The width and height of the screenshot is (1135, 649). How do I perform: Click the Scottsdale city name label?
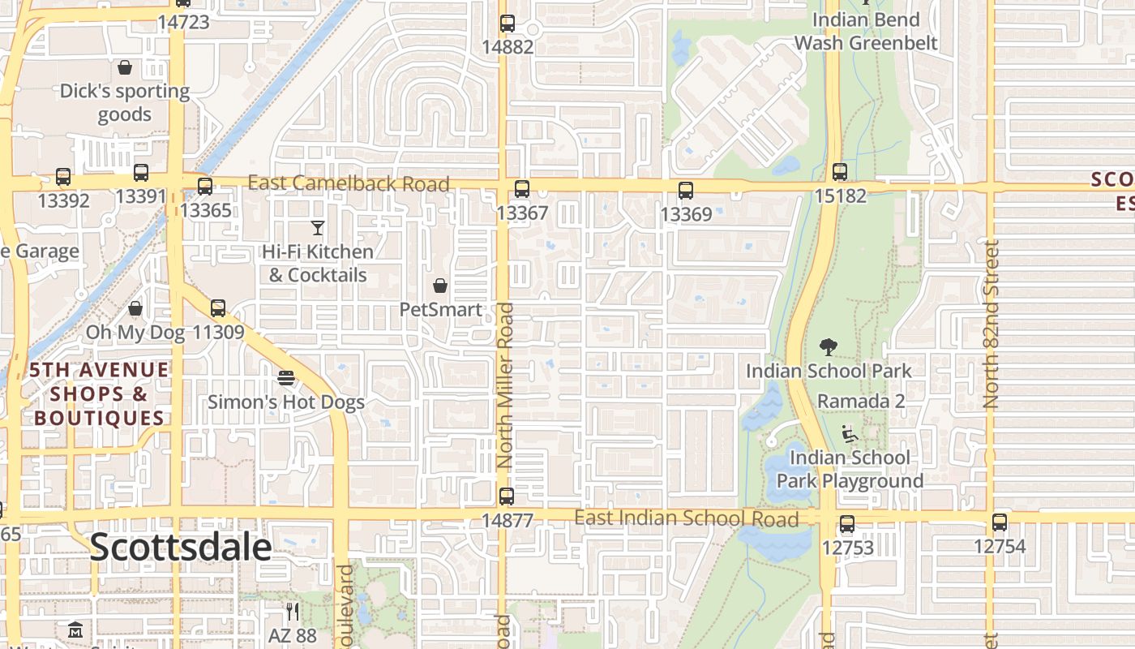(180, 548)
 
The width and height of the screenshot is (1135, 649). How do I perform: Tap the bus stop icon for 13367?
(521, 189)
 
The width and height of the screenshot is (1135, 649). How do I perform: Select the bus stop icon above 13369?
(686, 191)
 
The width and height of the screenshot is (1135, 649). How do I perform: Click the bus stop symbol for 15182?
(840, 172)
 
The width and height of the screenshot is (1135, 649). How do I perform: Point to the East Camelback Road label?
(348, 183)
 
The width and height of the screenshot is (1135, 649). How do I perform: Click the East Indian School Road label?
(686, 518)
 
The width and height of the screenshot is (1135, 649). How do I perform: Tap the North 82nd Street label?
(991, 324)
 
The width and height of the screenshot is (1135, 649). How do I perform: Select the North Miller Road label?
(504, 385)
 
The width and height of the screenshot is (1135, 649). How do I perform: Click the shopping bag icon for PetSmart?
(440, 286)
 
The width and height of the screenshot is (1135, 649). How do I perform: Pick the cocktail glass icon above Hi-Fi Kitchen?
(318, 228)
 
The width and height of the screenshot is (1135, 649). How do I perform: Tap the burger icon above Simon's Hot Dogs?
(285, 378)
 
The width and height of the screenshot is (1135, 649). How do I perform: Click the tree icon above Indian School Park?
(828, 347)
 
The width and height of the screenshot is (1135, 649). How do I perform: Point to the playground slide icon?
(849, 434)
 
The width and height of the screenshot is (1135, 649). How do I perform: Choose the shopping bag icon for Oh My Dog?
(135, 308)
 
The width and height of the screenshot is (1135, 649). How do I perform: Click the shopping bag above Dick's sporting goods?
(125, 67)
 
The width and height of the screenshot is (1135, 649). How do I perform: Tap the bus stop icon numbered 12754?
(1000, 522)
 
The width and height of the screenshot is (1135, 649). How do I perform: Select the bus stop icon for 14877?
(507, 496)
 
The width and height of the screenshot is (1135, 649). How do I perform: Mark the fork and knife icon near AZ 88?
(293, 611)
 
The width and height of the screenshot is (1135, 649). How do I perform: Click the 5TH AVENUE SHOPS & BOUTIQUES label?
(99, 394)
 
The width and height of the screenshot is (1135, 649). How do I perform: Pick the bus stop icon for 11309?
(217, 308)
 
